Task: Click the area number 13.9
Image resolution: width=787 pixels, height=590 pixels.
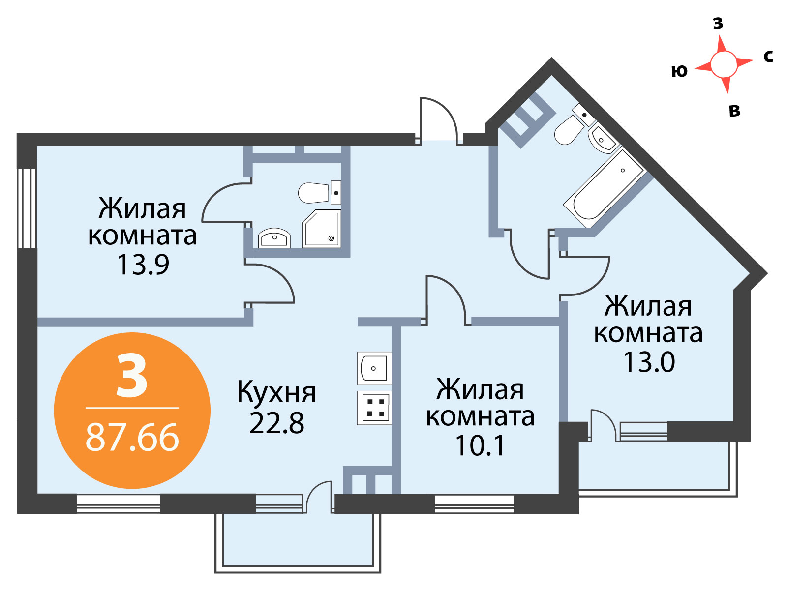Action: click(143, 265)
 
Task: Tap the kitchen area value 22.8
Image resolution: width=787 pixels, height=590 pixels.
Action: click(276, 423)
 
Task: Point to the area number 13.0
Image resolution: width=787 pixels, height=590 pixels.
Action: click(649, 362)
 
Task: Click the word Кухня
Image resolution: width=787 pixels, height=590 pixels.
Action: click(276, 393)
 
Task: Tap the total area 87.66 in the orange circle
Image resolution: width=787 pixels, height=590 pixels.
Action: click(132, 438)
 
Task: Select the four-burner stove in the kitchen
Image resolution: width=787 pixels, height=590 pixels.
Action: click(374, 408)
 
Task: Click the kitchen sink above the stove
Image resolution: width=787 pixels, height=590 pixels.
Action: click(374, 368)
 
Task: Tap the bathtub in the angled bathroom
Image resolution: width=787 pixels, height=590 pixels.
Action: click(605, 189)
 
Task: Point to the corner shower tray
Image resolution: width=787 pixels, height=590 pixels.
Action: click(321, 229)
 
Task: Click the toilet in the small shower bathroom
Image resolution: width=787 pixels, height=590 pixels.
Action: click(319, 192)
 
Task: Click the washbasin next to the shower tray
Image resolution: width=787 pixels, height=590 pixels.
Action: click(274, 238)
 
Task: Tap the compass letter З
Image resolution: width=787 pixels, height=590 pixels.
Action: click(718, 23)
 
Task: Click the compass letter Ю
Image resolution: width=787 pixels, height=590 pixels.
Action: click(679, 71)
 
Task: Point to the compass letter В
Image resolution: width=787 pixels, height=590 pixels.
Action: click(735, 111)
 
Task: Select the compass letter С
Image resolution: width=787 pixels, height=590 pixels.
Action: click(768, 56)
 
